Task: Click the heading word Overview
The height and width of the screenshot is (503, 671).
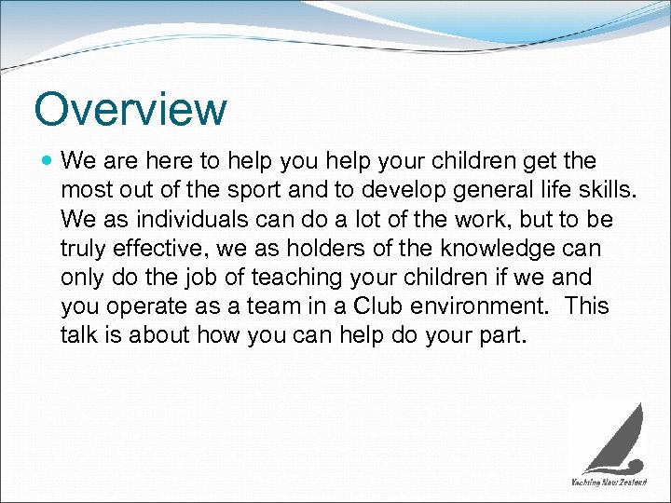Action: tap(130, 109)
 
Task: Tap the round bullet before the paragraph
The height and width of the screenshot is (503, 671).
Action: tap(47, 161)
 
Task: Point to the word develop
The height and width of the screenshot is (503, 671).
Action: tap(427, 191)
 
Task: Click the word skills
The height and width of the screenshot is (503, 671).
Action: tap(607, 191)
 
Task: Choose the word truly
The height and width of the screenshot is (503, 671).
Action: tap(84, 250)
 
